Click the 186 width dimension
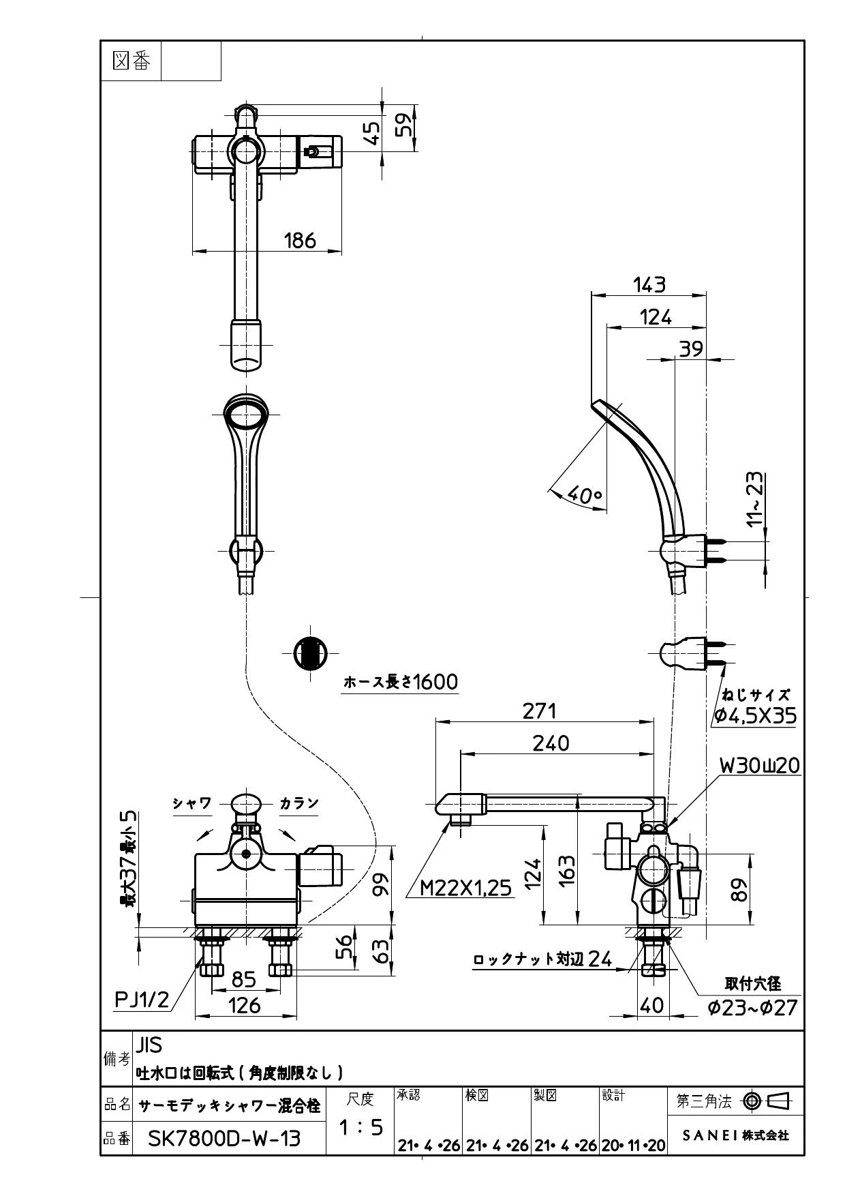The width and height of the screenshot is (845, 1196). click(300, 240)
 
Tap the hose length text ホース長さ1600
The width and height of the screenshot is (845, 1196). click(401, 681)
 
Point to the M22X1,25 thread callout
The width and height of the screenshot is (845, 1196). click(465, 886)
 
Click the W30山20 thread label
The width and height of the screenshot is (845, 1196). click(760, 766)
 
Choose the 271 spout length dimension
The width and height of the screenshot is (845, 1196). click(540, 711)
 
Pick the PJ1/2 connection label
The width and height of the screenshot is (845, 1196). click(142, 1000)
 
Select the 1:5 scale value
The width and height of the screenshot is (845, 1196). click(360, 1128)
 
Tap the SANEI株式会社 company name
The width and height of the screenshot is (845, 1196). click(736, 1135)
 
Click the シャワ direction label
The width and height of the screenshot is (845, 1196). click(191, 803)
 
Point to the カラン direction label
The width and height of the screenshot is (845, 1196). click(299, 803)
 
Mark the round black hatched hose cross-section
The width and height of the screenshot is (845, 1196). click(310, 653)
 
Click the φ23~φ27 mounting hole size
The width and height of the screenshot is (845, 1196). click(752, 1007)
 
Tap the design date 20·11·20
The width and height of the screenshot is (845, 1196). click(633, 1146)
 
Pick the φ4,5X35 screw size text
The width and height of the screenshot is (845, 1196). click(754, 716)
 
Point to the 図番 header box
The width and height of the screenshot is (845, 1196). click(131, 61)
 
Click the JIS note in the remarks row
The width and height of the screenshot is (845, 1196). click(149, 1045)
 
